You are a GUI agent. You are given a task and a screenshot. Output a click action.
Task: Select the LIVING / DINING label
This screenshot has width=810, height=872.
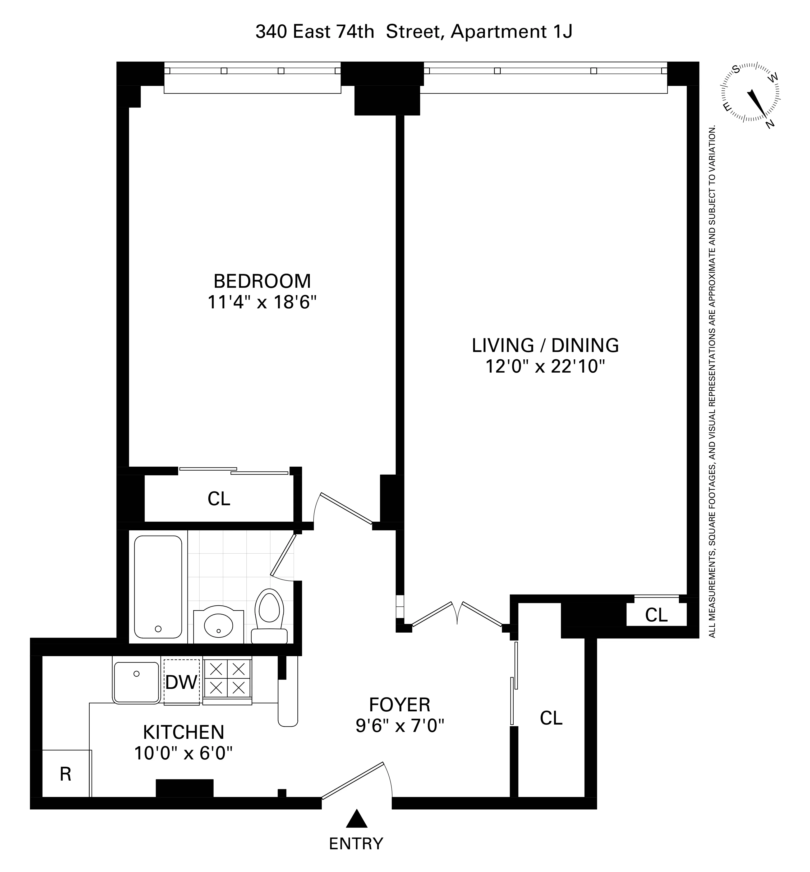point(545,345)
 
